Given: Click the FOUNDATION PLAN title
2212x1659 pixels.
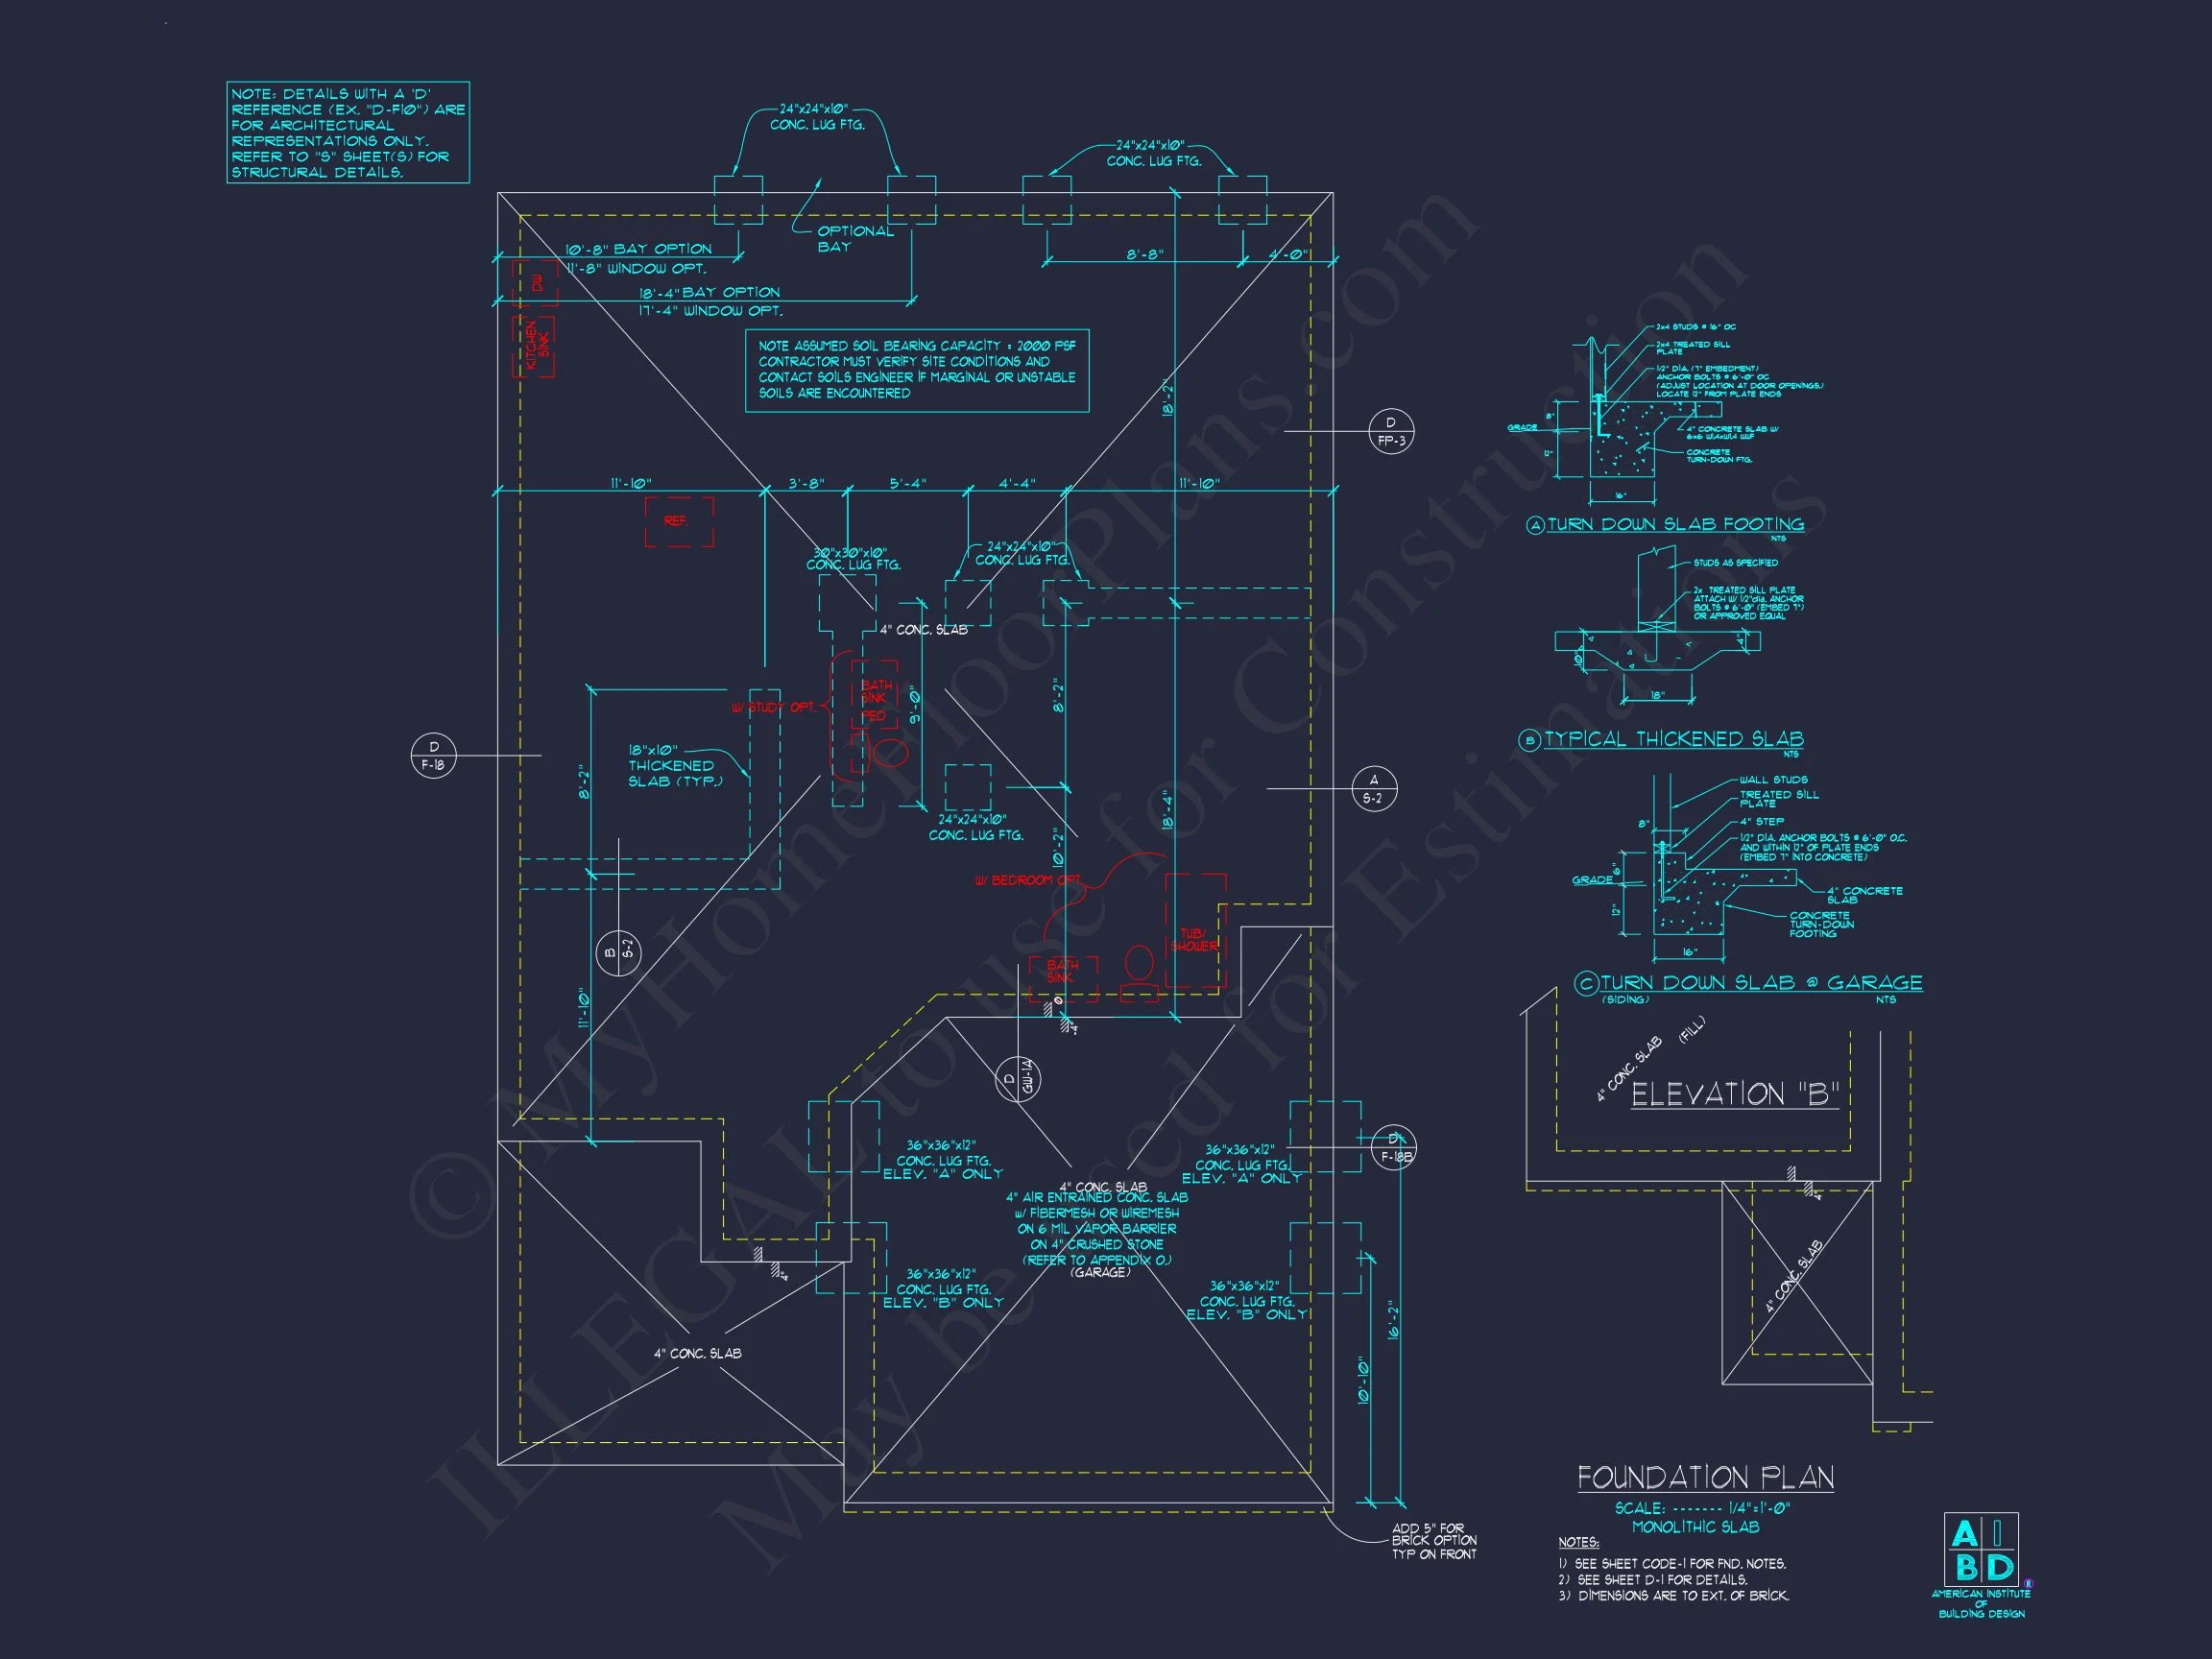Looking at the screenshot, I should tap(1705, 1478).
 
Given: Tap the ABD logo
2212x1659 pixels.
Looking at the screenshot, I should tap(1980, 1549).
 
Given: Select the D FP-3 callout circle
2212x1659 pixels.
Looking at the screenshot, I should tap(1390, 431).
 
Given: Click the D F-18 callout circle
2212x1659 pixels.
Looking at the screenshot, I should tap(433, 756).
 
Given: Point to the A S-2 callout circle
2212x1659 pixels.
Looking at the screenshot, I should tap(1373, 789).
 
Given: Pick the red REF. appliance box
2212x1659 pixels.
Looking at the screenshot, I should tap(678, 522).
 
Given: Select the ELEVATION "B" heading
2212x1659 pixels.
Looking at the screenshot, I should tap(1735, 1094).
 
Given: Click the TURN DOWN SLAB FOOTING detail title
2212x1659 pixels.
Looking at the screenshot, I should tap(1675, 524).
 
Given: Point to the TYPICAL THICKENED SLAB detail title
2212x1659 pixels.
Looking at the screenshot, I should tap(1673, 739).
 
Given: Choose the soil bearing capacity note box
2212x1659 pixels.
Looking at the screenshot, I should tap(916, 370).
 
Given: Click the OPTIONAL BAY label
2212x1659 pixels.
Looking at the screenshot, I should tap(855, 238).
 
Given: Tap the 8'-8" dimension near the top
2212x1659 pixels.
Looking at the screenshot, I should tap(1145, 254).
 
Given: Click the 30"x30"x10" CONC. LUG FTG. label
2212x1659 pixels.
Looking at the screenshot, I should tap(853, 558).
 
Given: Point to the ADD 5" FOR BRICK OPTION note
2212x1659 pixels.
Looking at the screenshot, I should tap(1434, 1541).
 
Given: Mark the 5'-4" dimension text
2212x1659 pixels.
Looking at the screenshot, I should tap(908, 483).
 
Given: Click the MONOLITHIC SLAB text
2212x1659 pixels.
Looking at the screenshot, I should tap(1695, 1527).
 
